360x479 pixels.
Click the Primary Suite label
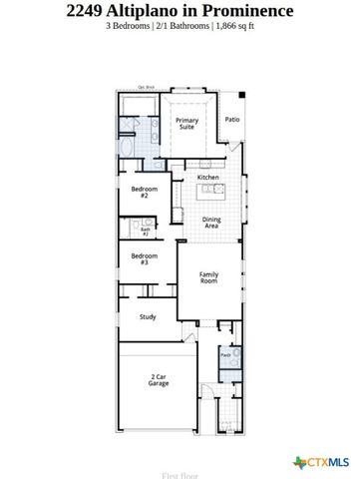pyautogui.click(x=187, y=124)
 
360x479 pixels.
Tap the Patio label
pyautogui.click(x=231, y=119)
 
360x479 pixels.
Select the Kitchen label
pyautogui.click(x=207, y=178)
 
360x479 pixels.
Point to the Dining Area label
pyautogui.click(x=211, y=223)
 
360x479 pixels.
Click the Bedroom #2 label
pyautogui.click(x=141, y=192)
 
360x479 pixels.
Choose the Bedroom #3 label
pyautogui.click(x=141, y=258)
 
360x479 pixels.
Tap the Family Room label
pyautogui.click(x=208, y=278)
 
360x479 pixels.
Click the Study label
pyautogui.click(x=147, y=317)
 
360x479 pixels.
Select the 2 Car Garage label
pyautogui.click(x=158, y=380)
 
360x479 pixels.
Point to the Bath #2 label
pyautogui.click(x=145, y=230)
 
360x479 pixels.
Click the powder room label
pyautogui.click(x=225, y=354)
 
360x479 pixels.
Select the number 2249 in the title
pyautogui.click(x=90, y=11)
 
